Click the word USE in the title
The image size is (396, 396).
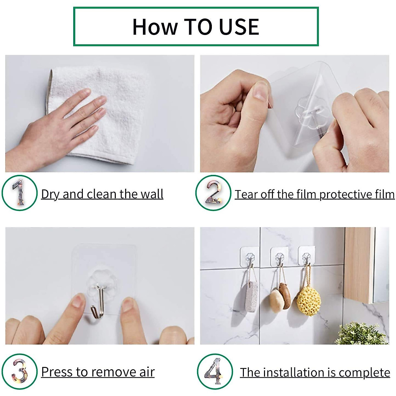click(x=239, y=27)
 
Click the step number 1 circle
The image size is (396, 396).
click(x=19, y=193)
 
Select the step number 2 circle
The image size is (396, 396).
click(x=213, y=193)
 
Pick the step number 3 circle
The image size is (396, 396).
click(x=19, y=372)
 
